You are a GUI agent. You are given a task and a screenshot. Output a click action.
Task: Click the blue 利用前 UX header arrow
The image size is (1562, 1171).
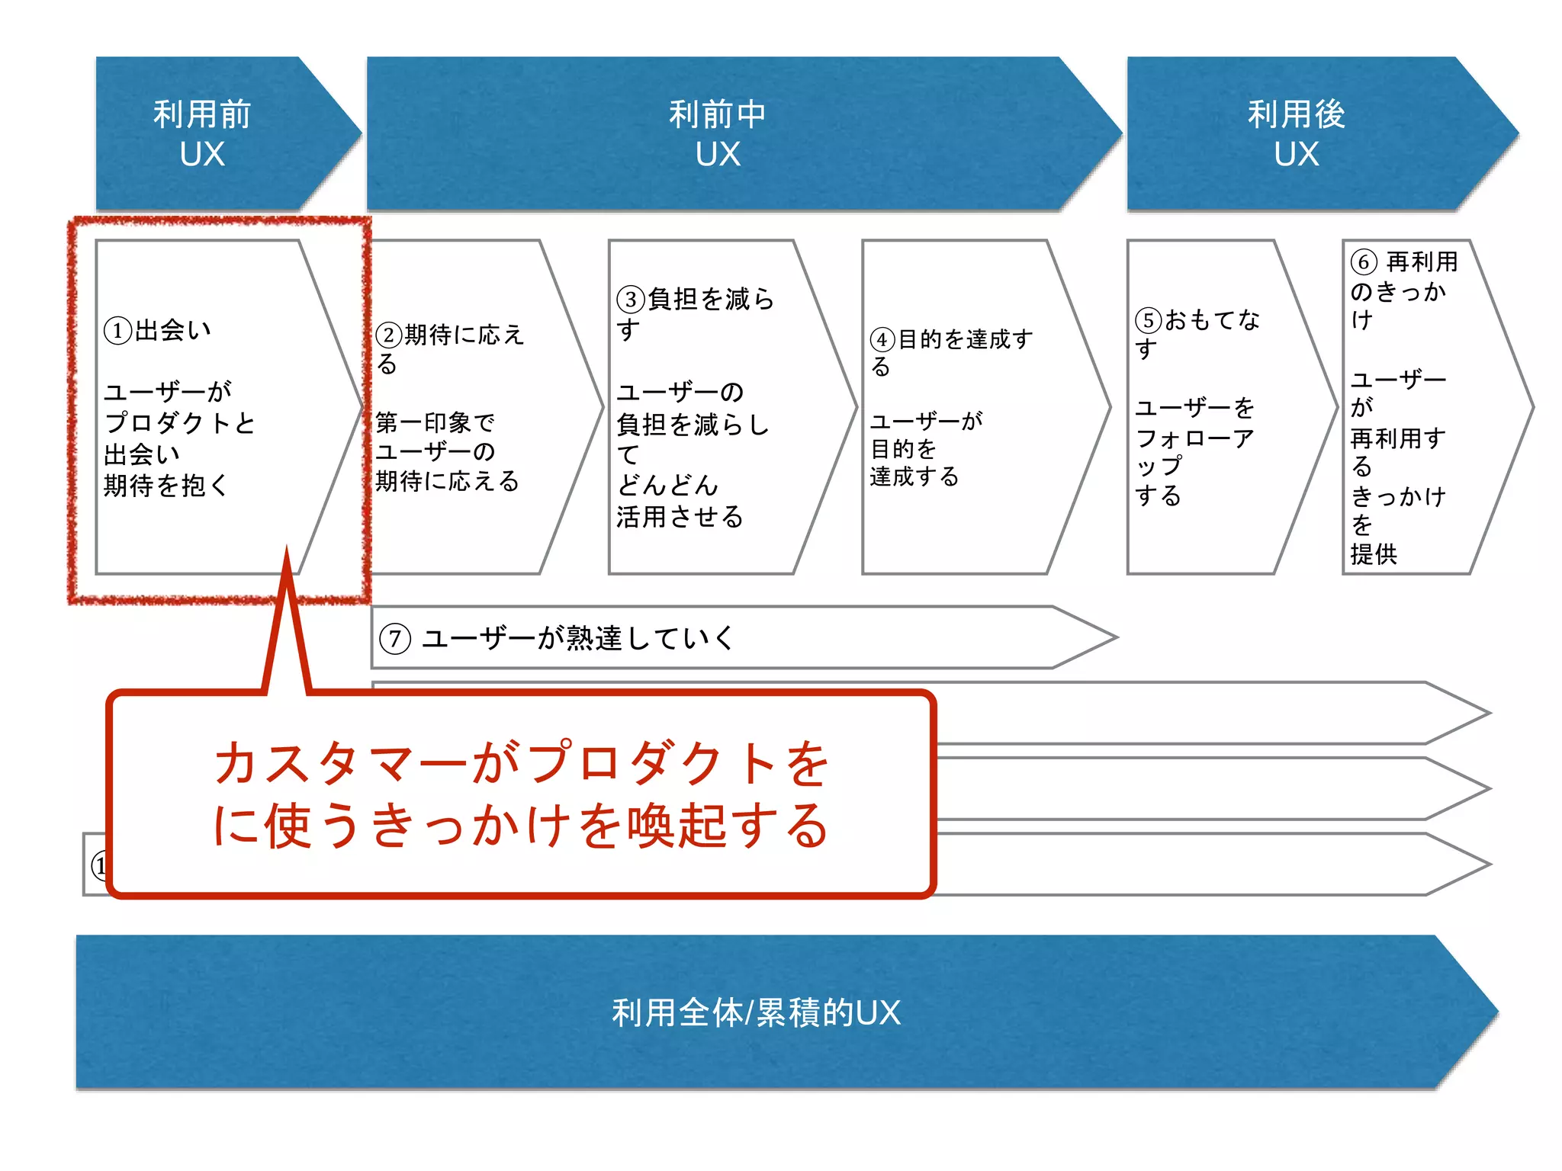[202, 133]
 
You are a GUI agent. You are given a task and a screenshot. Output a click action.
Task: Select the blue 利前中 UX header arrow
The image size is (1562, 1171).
[717, 133]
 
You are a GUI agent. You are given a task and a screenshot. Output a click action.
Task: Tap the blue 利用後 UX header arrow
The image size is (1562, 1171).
[1297, 133]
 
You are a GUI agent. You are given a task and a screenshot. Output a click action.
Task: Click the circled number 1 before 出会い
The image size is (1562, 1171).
[117, 332]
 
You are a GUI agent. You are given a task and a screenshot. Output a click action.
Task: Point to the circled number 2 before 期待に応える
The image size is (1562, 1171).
[389, 335]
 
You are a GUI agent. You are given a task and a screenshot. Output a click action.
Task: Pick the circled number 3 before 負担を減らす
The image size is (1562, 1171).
[631, 300]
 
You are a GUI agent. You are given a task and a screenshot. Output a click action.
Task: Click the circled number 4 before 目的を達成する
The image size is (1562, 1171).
[882, 340]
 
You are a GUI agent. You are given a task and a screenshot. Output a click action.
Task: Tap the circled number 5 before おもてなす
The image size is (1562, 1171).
[1149, 320]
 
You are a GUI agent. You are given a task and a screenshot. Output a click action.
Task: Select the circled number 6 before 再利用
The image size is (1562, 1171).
[1364, 262]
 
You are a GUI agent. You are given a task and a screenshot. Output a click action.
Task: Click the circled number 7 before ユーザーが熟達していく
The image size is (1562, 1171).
[395, 638]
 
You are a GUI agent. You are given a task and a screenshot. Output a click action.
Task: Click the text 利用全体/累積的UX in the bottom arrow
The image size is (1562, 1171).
[756, 1013]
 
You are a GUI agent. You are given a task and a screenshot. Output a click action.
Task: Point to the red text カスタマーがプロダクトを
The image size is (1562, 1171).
[522, 763]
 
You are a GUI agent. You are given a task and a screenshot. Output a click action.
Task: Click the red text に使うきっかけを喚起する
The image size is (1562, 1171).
[522, 826]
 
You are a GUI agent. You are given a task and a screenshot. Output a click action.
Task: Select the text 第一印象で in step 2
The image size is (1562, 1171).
[435, 422]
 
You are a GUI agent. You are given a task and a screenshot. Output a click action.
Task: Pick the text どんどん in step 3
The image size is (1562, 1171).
[667, 485]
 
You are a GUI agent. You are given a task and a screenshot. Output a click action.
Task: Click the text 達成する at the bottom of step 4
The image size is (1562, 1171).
[914, 477]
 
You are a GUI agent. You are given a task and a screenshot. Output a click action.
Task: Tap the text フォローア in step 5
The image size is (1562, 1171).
[1194, 438]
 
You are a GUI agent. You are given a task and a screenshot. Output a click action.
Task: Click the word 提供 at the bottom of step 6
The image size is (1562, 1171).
[1374, 554]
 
